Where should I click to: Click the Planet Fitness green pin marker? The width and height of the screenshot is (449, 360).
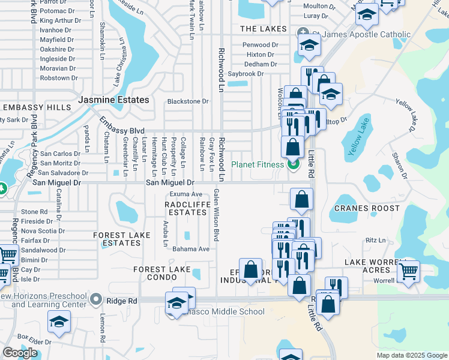tap(294, 163)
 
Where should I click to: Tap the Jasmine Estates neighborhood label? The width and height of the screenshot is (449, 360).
tap(113, 100)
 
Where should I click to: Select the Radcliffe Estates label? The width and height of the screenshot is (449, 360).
tap(186, 208)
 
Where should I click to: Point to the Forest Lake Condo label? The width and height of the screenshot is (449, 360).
tap(162, 274)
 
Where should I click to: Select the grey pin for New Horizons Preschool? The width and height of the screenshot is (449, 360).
tap(95, 298)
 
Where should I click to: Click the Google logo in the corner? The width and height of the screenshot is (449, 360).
tap(20, 353)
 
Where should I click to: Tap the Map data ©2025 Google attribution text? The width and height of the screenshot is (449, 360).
tap(411, 355)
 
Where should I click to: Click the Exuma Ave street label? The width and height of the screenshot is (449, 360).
tap(185, 194)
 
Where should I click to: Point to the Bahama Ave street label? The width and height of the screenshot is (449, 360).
tap(190, 249)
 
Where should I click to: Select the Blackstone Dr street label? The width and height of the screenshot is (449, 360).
tap(187, 101)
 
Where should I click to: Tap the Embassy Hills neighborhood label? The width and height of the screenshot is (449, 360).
tap(37, 107)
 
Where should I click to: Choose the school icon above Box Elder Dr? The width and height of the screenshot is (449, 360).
tap(59, 323)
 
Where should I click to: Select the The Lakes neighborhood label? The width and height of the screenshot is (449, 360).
tap(264, 29)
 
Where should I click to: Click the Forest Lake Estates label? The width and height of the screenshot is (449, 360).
tap(118, 239)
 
